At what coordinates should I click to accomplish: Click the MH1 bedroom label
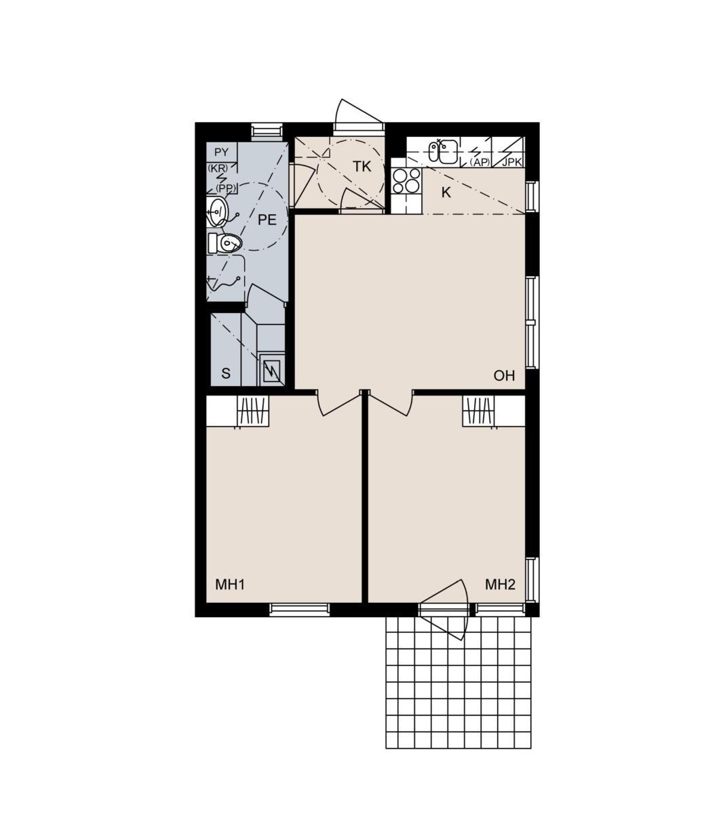[229, 584]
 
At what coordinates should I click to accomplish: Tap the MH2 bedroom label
[500, 584]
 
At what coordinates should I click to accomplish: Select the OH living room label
[504, 375]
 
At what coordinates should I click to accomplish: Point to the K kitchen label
[446, 192]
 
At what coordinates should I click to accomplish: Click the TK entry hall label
[361, 167]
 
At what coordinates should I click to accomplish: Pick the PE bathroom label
[267, 220]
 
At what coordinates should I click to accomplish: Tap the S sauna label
[226, 373]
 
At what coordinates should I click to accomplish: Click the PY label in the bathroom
[222, 152]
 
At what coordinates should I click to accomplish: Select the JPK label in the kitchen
[512, 162]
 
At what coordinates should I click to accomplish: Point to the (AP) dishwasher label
[479, 162]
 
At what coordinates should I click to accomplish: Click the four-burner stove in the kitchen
[406, 181]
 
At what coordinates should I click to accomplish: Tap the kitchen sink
[443, 151]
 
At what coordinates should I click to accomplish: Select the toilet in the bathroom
[224, 243]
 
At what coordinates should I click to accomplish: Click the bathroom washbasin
[217, 211]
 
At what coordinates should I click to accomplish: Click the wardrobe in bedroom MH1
[253, 411]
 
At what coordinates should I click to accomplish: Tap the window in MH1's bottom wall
[300, 609]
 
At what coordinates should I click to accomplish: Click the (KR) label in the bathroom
[218, 168]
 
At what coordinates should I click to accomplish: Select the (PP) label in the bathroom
[226, 188]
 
